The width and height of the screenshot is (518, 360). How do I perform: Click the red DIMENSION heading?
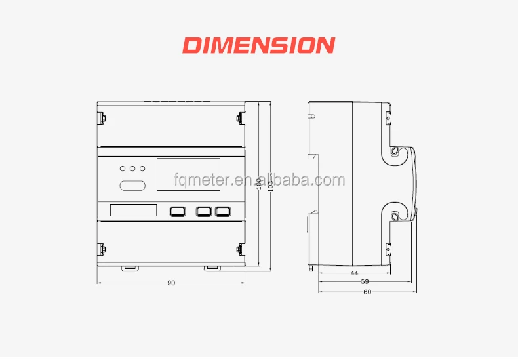[258, 45]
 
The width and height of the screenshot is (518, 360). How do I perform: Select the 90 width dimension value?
[171, 283]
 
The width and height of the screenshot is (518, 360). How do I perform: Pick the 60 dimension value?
[367, 292]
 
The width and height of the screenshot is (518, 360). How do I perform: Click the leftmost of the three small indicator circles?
[123, 169]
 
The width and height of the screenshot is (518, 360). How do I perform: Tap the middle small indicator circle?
[132, 169]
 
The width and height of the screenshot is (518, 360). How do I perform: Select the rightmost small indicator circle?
[142, 169]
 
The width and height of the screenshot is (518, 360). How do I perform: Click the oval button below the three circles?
[132, 186]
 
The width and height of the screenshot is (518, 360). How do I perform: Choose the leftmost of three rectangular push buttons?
[178, 211]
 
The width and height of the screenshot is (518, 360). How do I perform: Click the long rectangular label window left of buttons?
[133, 210]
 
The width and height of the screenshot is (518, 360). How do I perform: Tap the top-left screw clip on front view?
[102, 118]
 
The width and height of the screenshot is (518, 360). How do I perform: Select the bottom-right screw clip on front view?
[241, 249]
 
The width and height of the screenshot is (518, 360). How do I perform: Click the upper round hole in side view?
[396, 151]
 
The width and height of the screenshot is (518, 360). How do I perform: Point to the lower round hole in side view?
[396, 216]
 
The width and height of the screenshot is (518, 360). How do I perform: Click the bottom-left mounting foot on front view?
[129, 267]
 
